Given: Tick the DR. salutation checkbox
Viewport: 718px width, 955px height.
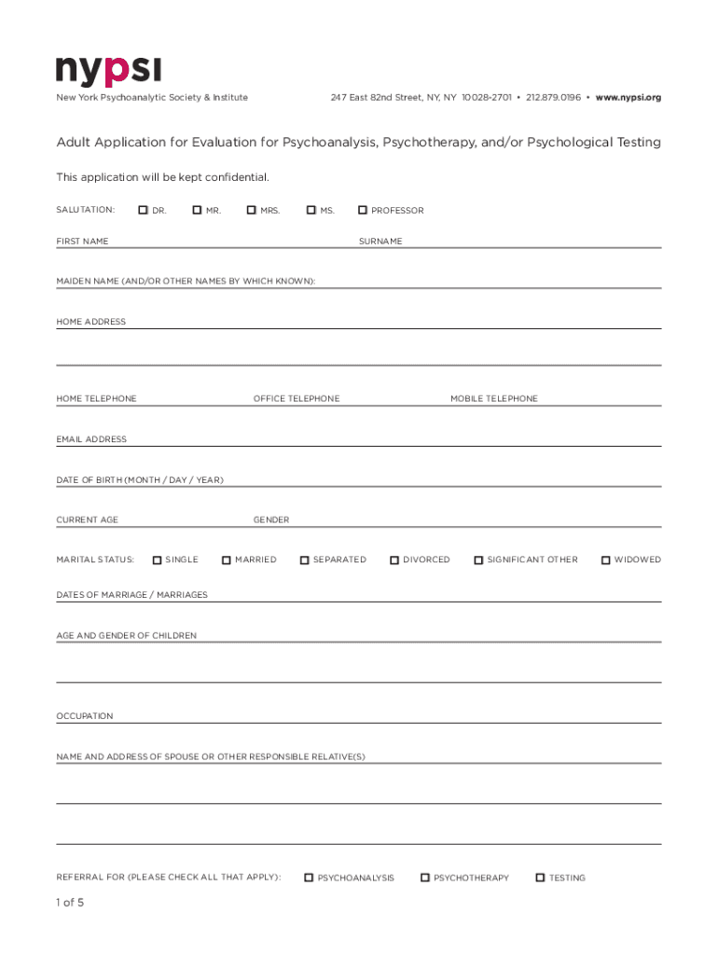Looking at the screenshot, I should [x=144, y=210].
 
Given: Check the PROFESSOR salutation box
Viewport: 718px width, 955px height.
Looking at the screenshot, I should [x=363, y=210].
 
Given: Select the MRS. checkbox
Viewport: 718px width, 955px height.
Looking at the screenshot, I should [x=252, y=210].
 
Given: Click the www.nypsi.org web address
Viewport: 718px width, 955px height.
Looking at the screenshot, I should [x=628, y=97].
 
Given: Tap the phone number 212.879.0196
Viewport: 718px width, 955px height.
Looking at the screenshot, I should [x=553, y=97].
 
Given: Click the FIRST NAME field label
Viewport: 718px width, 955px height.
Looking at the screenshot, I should [x=82, y=242].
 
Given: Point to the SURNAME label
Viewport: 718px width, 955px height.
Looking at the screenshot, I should [x=380, y=242].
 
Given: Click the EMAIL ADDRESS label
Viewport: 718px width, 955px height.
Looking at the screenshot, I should [x=91, y=439].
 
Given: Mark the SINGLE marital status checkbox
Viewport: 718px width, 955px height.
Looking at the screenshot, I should [x=158, y=560].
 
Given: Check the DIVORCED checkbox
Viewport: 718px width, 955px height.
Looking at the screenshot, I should [x=394, y=560].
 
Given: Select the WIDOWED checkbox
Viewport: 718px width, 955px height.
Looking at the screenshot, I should [x=605, y=560].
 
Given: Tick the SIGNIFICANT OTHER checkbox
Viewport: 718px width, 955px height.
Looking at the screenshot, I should [x=478, y=560].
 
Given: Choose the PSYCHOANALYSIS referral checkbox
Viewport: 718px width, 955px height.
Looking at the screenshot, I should [x=309, y=878].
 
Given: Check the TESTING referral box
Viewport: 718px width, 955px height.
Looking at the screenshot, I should [x=540, y=878].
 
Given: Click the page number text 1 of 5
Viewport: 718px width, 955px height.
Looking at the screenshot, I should [x=70, y=903].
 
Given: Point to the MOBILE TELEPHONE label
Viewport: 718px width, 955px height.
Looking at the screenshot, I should [x=494, y=398].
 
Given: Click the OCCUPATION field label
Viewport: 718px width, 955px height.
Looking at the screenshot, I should [x=85, y=716].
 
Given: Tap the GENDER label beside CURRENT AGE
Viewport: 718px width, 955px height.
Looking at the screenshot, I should [x=271, y=519].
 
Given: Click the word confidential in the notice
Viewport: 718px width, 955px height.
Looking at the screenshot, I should [x=236, y=177].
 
